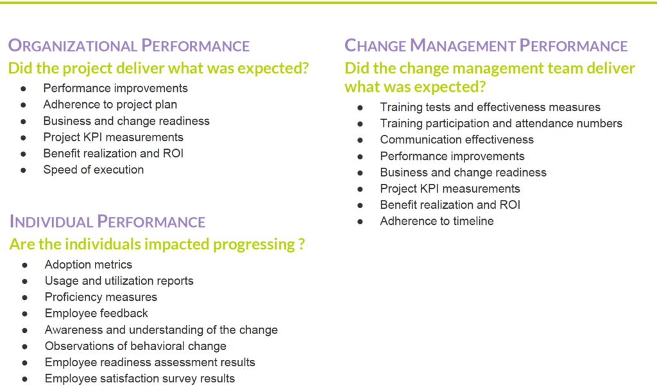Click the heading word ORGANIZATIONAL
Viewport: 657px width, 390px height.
73,46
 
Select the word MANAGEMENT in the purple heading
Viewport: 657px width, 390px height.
462,46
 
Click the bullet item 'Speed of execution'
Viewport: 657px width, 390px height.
94,170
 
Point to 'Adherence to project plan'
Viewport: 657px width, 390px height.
110,105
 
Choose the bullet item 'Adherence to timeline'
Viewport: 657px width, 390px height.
436,221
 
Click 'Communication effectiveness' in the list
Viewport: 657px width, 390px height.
457,139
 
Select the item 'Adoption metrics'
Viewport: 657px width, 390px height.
89,265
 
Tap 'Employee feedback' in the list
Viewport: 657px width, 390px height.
96,313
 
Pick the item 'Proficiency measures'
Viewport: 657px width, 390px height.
101,297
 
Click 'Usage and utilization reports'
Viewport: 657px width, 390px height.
119,281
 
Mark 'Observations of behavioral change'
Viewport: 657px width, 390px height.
135,346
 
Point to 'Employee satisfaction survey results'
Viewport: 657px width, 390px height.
139,378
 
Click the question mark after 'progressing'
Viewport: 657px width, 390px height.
302,244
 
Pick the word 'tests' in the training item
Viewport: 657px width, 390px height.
438,107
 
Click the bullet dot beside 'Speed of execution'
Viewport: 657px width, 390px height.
23,170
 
